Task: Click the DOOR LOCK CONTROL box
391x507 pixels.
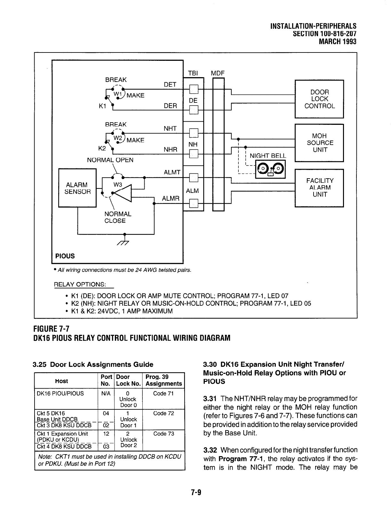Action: tap(319, 99)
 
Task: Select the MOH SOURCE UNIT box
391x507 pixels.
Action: tap(319, 143)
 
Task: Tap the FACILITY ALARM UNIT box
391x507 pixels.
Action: tap(319, 188)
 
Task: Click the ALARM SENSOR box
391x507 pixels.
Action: tap(77, 188)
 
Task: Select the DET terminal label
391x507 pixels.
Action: tap(170, 84)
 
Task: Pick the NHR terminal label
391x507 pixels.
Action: tap(170, 149)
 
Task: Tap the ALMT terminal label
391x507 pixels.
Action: tap(172, 172)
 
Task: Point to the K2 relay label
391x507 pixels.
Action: tap(102, 149)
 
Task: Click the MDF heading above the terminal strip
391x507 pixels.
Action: tap(218, 73)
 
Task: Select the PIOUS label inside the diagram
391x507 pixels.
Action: tap(65, 256)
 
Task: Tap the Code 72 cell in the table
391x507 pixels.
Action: tap(164, 413)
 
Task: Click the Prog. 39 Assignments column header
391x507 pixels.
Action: tap(164, 380)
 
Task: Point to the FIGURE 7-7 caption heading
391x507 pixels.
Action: tap(51, 328)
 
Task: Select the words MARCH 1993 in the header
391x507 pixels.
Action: tap(338, 42)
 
